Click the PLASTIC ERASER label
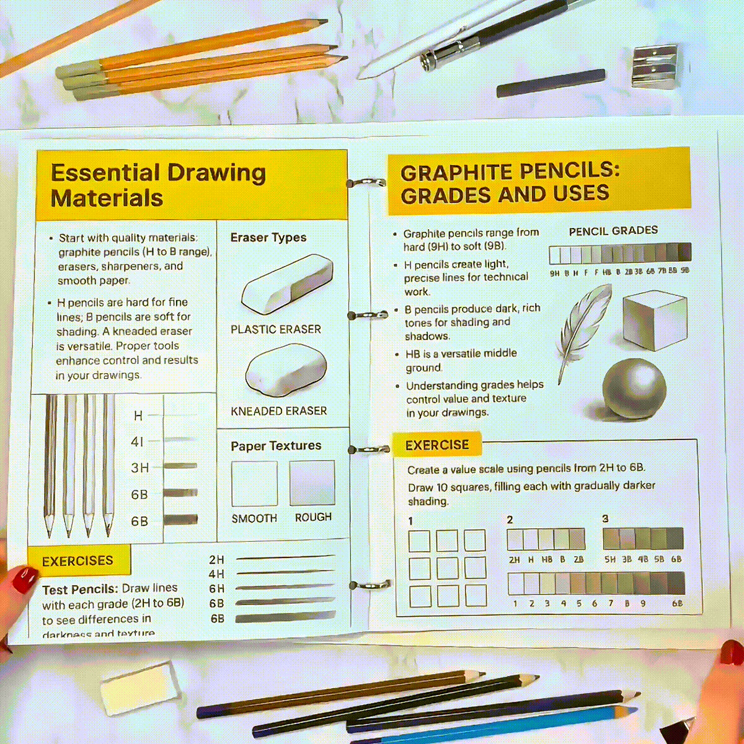click(276, 329)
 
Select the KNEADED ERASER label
click(278, 411)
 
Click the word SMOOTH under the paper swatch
click(254, 518)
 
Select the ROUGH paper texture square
click(312, 483)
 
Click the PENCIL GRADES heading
click(613, 231)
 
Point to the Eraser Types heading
click(268, 237)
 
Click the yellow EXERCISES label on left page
click(77, 561)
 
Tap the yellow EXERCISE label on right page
click(437, 445)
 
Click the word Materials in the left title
click(107, 198)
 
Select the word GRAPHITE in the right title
click(456, 173)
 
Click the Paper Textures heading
click(276, 446)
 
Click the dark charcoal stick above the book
click(551, 83)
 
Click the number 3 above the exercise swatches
click(605, 519)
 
